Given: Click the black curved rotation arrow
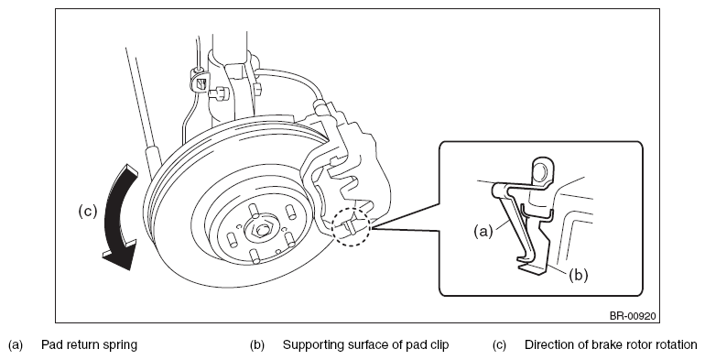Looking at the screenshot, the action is click(117, 216).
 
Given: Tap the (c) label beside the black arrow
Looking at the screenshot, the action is click(88, 211).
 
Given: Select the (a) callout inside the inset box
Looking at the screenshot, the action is click(483, 232).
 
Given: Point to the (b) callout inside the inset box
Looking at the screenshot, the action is click(579, 275).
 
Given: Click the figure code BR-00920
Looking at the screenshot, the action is click(633, 316).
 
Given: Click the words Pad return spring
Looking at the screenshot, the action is click(89, 345).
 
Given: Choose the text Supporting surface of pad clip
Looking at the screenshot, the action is click(365, 345).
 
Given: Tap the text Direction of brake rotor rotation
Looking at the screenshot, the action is click(611, 345).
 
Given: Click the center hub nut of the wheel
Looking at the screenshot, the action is click(262, 230).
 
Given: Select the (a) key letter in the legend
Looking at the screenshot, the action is click(16, 345).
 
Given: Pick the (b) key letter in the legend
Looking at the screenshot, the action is click(257, 345).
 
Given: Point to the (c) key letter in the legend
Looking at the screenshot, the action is click(499, 345).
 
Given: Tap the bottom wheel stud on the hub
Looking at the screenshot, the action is click(255, 256).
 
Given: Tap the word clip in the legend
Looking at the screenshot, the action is click(439, 345).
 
